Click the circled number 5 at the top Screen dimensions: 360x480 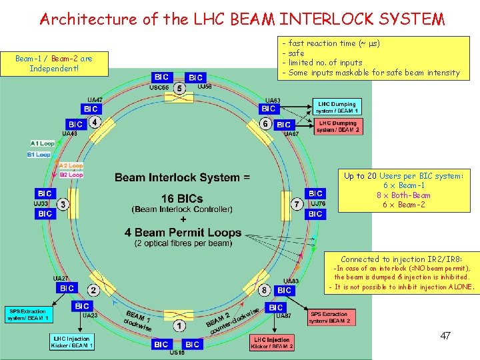pyautogui.click(x=179, y=88)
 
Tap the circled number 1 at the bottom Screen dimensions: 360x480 pyautogui.click(x=178, y=326)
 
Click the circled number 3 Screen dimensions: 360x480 pyautogui.click(x=63, y=203)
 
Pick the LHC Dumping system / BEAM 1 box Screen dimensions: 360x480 pyautogui.click(x=337, y=107)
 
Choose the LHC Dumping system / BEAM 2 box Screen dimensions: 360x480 pyautogui.click(x=337, y=126)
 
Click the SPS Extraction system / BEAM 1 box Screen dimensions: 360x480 pyautogui.click(x=28, y=315)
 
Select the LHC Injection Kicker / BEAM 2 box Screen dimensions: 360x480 pyautogui.click(x=272, y=343)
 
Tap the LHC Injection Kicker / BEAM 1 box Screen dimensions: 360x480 pyautogui.click(x=71, y=342)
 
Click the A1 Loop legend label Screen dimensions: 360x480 pyautogui.click(x=42, y=143)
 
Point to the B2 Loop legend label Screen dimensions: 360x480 pyautogui.click(x=71, y=175)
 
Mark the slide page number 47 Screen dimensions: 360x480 pyautogui.click(x=445, y=336)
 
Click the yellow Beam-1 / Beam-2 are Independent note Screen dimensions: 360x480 pyautogui.click(x=53, y=63)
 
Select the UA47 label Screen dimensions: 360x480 pyautogui.click(x=95, y=100)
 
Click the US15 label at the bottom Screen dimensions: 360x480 pyautogui.click(x=177, y=353)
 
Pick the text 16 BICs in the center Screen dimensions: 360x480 pyautogui.click(x=183, y=199)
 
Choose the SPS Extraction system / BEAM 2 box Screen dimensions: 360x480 pyautogui.click(x=329, y=317)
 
